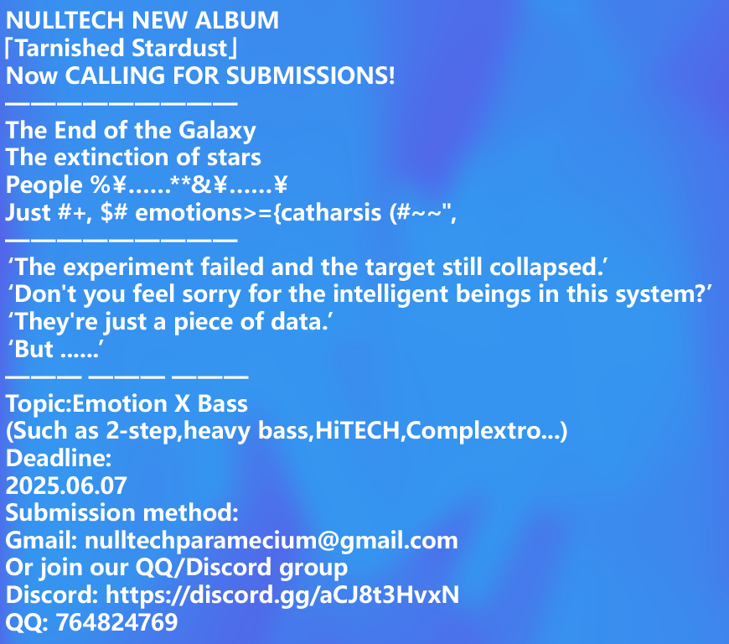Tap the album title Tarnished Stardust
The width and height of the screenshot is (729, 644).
click(126, 48)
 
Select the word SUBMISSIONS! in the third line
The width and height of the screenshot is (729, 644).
click(327, 75)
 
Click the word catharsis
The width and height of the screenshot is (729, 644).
click(334, 212)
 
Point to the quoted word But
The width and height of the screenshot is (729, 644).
click(35, 350)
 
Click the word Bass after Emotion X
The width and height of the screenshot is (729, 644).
click(223, 404)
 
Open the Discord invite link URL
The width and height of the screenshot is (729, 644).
click(282, 595)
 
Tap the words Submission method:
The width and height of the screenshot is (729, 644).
click(122, 512)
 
